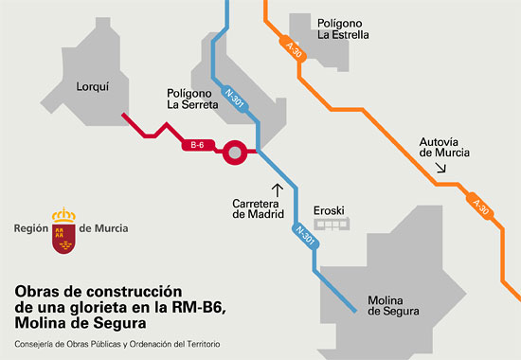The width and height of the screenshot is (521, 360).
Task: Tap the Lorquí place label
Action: (x=95, y=86)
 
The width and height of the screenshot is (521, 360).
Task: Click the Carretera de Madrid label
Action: (x=259, y=208)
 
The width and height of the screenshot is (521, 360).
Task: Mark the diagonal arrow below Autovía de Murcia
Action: (x=440, y=169)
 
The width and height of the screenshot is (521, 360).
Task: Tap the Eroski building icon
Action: (x=332, y=223)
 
